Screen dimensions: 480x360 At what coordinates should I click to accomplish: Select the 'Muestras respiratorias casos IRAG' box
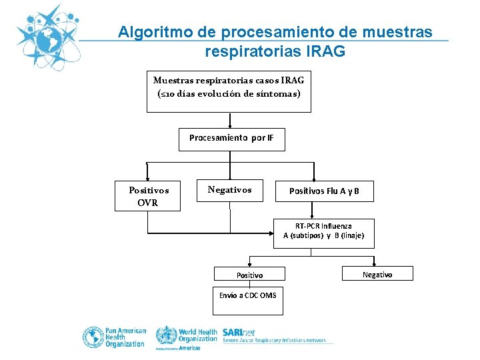click(x=229, y=87)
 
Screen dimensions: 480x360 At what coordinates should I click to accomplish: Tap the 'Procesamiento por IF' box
click(x=231, y=139)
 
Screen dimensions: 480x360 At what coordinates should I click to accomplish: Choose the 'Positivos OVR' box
click(x=147, y=196)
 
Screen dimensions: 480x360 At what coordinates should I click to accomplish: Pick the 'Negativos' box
click(x=229, y=190)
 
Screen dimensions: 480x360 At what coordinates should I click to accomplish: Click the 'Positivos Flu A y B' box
click(x=323, y=191)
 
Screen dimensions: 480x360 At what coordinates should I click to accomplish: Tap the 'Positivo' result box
click(x=249, y=275)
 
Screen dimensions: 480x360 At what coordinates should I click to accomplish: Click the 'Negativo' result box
click(x=377, y=274)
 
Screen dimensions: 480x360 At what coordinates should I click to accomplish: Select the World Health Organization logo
click(x=187, y=337)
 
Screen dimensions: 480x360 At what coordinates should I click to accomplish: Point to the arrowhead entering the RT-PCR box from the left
click(x=270, y=234)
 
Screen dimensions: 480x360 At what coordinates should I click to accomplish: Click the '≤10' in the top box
click(x=167, y=94)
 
